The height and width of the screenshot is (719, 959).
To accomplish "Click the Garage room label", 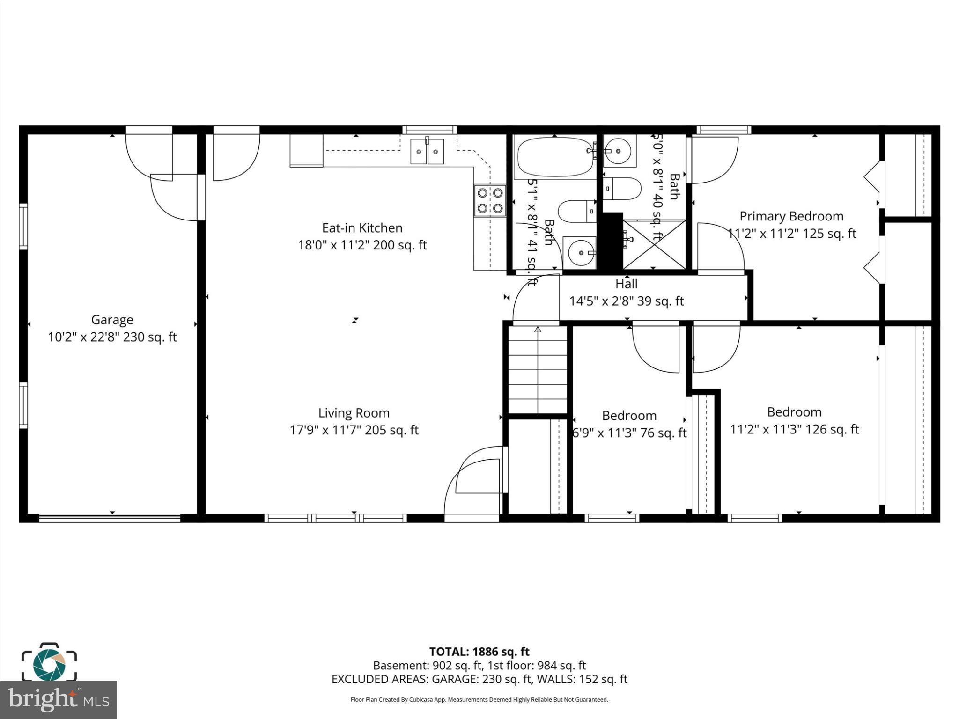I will click(112, 320).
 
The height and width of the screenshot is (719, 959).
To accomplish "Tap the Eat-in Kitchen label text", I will click(362, 228).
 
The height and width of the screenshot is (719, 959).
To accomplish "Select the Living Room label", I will click(354, 413).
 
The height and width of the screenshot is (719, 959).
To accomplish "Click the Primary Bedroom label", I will click(791, 216).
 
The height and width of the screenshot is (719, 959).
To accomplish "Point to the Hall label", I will click(626, 284).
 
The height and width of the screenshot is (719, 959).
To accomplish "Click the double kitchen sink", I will click(427, 151).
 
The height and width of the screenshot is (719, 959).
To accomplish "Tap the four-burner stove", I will click(490, 200).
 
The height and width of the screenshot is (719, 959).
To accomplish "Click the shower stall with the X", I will click(654, 244).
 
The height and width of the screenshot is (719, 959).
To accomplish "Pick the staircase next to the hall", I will click(538, 370).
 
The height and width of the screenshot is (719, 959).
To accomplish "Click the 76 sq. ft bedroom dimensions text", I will click(629, 433).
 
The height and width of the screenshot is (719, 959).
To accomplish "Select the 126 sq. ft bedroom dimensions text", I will click(794, 429).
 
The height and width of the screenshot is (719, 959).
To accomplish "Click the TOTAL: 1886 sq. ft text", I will click(479, 652).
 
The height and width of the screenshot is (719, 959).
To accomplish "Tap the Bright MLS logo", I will click(58, 700).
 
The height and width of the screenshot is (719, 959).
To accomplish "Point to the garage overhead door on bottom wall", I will click(110, 518).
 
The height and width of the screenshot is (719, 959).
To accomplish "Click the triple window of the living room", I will click(335, 518).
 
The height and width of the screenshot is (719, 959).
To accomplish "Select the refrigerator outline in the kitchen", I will click(306, 150).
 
